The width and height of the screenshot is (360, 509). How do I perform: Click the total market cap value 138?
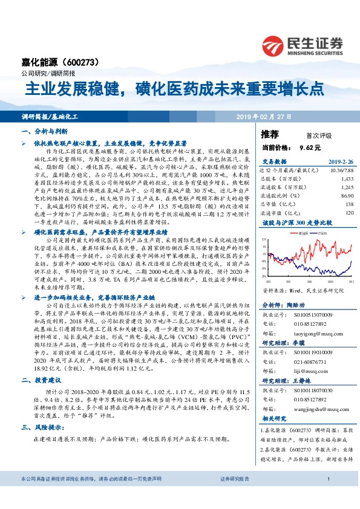(348, 205)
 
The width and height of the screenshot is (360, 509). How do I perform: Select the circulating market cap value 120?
(348, 213)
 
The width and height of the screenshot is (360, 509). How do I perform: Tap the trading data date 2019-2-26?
(339, 163)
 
